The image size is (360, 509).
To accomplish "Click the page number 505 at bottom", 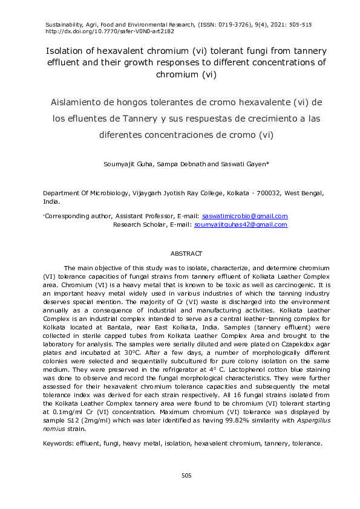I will click(186, 476).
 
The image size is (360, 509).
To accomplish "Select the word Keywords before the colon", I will click(57, 443).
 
